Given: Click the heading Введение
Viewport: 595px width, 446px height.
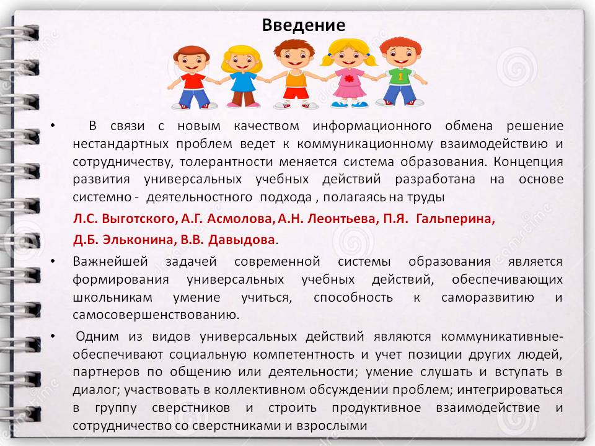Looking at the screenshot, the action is [x=304, y=25].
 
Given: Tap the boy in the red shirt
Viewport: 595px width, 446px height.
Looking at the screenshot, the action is [x=192, y=77].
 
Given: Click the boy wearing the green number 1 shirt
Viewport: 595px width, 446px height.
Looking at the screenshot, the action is [x=401, y=72].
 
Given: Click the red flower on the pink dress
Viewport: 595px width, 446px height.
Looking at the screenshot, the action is [x=349, y=79].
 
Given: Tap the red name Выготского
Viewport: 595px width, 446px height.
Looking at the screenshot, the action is [x=138, y=219].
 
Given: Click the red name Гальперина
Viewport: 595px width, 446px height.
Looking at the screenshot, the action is [x=456, y=219].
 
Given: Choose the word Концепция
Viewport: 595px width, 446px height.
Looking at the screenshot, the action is [x=528, y=162].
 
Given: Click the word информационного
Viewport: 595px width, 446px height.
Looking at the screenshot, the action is [x=372, y=126].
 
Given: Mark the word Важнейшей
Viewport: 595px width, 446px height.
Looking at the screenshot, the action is [x=110, y=261].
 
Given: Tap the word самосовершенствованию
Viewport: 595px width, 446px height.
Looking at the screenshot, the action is [x=156, y=315].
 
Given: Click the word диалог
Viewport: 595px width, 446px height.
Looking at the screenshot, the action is [x=95, y=390].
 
